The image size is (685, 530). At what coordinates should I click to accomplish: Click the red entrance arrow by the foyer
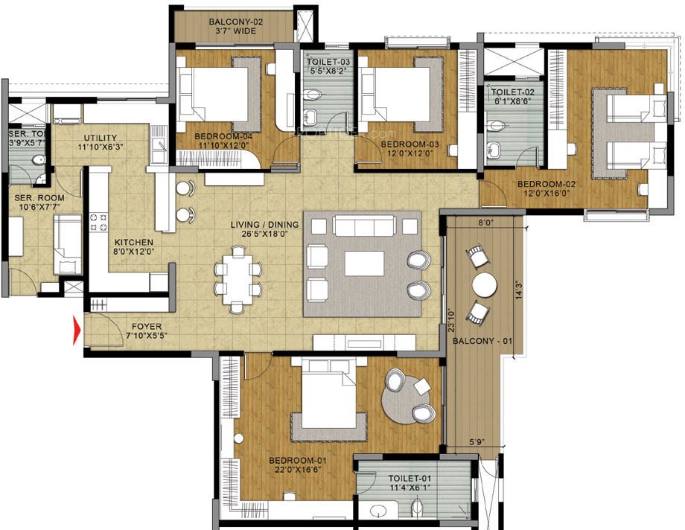[x=76, y=331]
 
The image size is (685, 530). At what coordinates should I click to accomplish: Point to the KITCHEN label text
[x=134, y=243]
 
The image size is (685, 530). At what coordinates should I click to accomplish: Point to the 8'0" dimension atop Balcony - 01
[x=485, y=222]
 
